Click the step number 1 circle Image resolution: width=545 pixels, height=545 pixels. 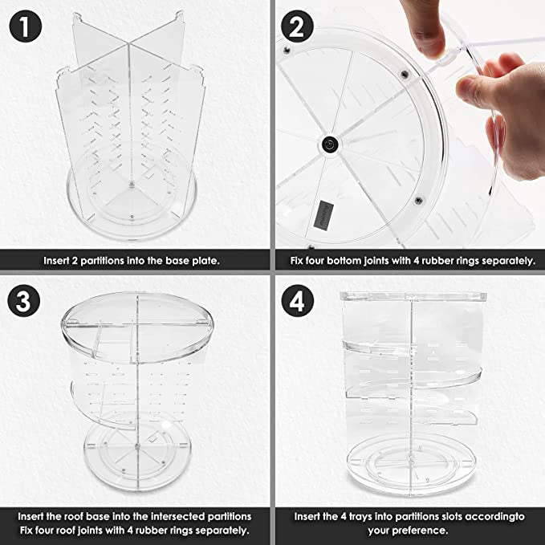[x=26, y=26]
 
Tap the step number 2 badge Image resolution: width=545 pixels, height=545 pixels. [x=297, y=26]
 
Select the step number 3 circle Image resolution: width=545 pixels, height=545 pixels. [x=23, y=301]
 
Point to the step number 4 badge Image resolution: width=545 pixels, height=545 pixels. [x=297, y=301]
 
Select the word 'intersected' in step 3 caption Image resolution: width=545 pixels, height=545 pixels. [x=177, y=516]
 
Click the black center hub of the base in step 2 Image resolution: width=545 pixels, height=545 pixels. [x=329, y=144]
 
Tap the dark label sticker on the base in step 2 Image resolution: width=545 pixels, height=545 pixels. [x=323, y=215]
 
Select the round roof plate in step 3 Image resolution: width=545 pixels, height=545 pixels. [x=137, y=327]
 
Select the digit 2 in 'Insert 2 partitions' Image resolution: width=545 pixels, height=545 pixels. [x=75, y=261]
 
